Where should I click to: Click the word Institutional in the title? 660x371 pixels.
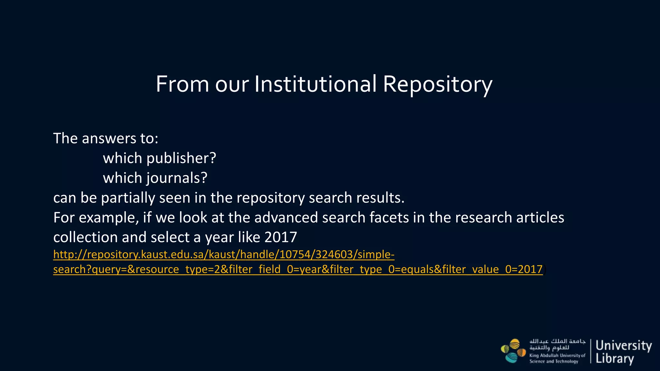coord(315,84)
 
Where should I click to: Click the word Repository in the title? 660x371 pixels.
coord(437,85)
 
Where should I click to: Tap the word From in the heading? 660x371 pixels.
coord(182,84)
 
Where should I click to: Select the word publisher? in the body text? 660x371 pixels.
coord(181,158)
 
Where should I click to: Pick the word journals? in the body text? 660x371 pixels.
coord(177,178)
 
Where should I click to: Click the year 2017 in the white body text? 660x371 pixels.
coord(281,238)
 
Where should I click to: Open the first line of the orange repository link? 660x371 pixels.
coord(224,255)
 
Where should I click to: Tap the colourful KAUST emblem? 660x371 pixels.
coord(513,351)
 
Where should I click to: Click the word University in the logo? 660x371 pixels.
coord(624,346)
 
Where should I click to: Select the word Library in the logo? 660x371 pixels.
coord(615,359)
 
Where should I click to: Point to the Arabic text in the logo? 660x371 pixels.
coord(557,344)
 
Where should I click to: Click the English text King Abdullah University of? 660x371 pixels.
coord(557,356)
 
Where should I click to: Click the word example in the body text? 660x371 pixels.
coord(109,218)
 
